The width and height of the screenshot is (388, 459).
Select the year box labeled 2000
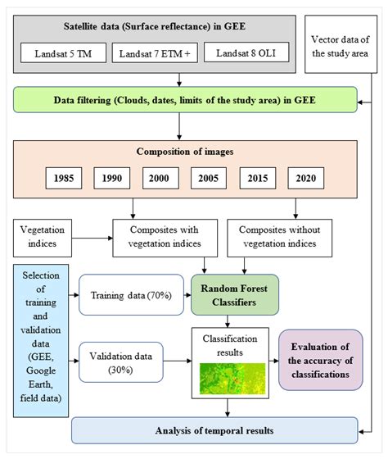tap(161, 178)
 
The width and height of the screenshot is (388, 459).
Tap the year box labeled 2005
tap(211, 178)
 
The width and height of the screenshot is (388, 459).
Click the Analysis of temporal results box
tap(214, 430)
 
